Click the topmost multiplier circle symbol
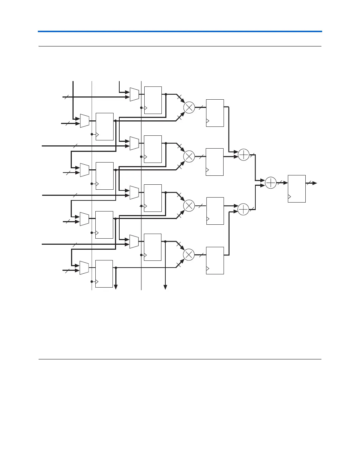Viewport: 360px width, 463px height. point(189,107)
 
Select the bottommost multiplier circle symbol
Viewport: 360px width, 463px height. point(189,254)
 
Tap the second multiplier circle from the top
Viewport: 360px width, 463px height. point(189,156)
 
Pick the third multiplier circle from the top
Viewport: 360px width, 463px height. point(189,205)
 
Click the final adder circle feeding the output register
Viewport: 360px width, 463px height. point(271,183)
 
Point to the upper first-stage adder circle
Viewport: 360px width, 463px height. point(243,155)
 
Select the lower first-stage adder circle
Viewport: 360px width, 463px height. point(243,209)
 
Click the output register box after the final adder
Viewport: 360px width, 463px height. point(297,189)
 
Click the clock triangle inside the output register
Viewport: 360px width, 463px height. point(290,197)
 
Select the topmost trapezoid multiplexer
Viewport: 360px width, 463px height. point(134,94)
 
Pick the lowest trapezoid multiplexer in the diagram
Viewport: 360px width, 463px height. point(84,268)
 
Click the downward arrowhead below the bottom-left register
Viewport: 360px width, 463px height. point(116,285)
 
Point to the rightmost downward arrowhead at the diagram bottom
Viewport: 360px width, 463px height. point(165,286)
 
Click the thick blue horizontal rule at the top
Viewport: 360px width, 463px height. point(180,31)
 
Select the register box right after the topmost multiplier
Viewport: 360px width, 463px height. point(215,113)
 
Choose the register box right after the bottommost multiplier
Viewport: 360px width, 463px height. point(215,260)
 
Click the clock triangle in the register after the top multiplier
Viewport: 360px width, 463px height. point(208,121)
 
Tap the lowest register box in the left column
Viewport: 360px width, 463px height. point(104,274)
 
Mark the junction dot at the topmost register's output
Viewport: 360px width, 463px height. point(166,94)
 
